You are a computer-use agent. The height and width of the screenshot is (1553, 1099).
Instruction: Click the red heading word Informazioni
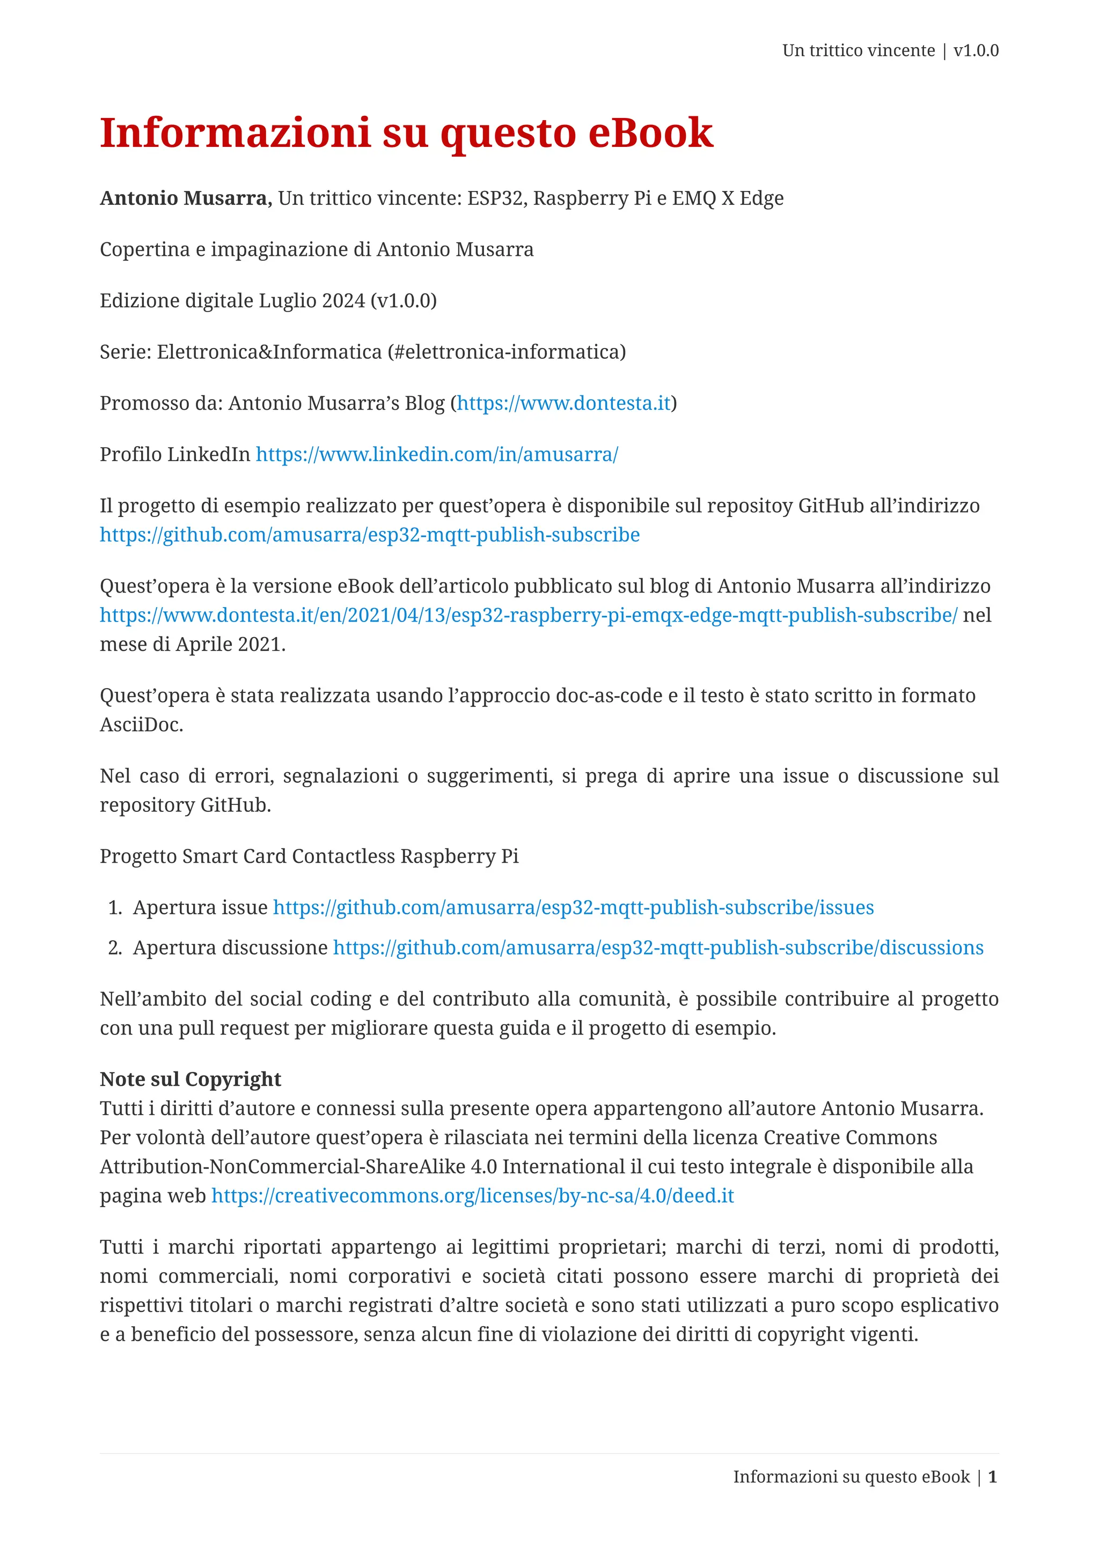[x=235, y=132]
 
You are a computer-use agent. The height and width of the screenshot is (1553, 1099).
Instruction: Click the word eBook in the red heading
[x=650, y=132]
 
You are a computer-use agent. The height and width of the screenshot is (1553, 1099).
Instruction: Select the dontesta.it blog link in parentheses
[x=563, y=403]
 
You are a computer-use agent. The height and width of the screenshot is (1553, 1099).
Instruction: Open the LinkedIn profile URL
[x=436, y=455]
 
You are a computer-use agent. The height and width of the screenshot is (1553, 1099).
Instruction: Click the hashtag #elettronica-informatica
[x=506, y=352]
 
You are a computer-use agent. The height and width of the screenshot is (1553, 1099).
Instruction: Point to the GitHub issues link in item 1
[x=573, y=908]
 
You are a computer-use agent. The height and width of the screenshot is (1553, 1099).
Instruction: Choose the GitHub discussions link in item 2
[x=658, y=948]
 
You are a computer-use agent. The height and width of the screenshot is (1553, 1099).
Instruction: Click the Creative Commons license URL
[x=472, y=1196]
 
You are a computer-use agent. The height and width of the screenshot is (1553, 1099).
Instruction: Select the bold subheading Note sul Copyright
[x=190, y=1079]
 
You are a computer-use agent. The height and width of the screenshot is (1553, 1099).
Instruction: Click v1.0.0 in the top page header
[x=976, y=51]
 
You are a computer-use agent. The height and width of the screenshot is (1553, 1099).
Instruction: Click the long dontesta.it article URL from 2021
[x=528, y=616]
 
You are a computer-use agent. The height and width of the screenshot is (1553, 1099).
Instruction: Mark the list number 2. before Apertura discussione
[x=115, y=948]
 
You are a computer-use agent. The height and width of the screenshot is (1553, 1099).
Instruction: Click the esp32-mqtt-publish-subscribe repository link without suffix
[x=370, y=535]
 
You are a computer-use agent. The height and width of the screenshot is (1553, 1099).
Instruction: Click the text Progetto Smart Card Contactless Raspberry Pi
[x=309, y=856]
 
